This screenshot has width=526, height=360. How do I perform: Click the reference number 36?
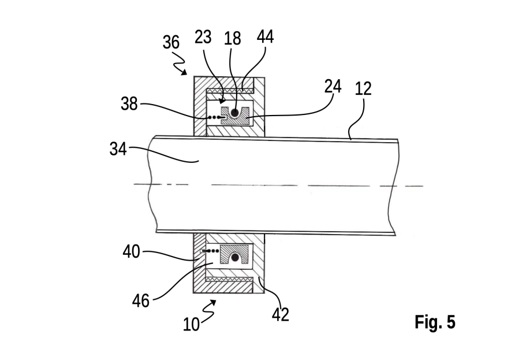click(x=171, y=42)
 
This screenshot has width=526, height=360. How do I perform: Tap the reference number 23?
click(x=203, y=37)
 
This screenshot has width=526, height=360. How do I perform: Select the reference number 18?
click(x=233, y=38)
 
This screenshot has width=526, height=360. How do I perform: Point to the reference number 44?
click(x=266, y=36)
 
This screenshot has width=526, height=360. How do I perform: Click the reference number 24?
click(x=333, y=86)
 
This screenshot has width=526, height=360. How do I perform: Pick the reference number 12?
click(x=363, y=88)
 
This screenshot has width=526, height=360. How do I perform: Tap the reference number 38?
click(x=129, y=104)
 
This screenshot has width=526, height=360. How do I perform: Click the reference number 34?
click(x=118, y=149)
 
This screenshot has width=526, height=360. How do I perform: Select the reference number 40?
click(x=131, y=251)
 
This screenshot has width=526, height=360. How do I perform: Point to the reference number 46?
click(x=140, y=300)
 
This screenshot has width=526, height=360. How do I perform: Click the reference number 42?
click(x=281, y=315)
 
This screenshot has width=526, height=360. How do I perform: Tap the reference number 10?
click(x=191, y=324)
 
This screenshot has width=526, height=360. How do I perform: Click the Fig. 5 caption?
click(x=435, y=322)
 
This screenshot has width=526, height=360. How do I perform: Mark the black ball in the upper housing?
click(x=235, y=113)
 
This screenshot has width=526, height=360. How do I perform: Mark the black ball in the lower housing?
click(x=235, y=258)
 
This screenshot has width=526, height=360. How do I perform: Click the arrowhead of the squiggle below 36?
click(x=184, y=72)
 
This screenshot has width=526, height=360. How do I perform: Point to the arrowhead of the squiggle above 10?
click(x=213, y=302)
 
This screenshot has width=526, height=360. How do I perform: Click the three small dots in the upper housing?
click(x=214, y=117)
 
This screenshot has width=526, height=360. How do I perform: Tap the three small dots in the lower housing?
click(x=212, y=251)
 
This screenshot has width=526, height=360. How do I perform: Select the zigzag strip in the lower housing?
click(x=230, y=279)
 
